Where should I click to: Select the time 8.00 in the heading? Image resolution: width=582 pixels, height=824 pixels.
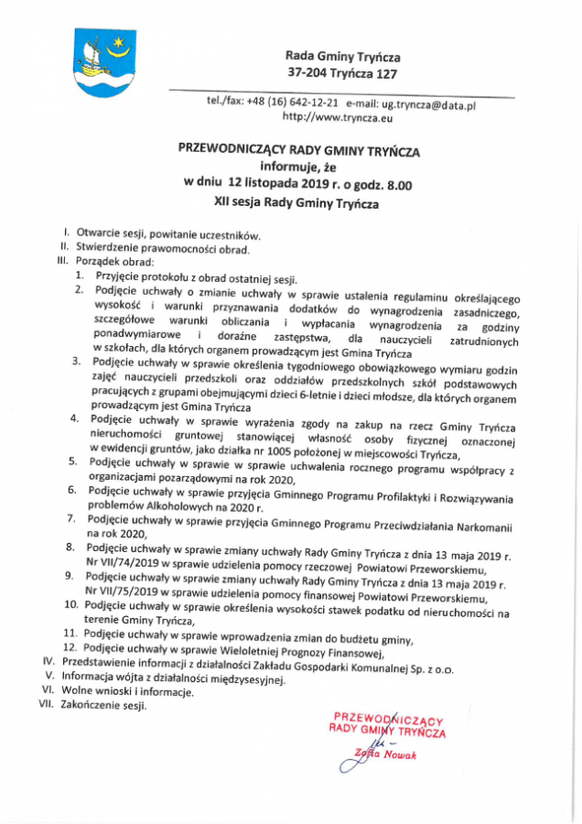[x=395, y=184]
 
